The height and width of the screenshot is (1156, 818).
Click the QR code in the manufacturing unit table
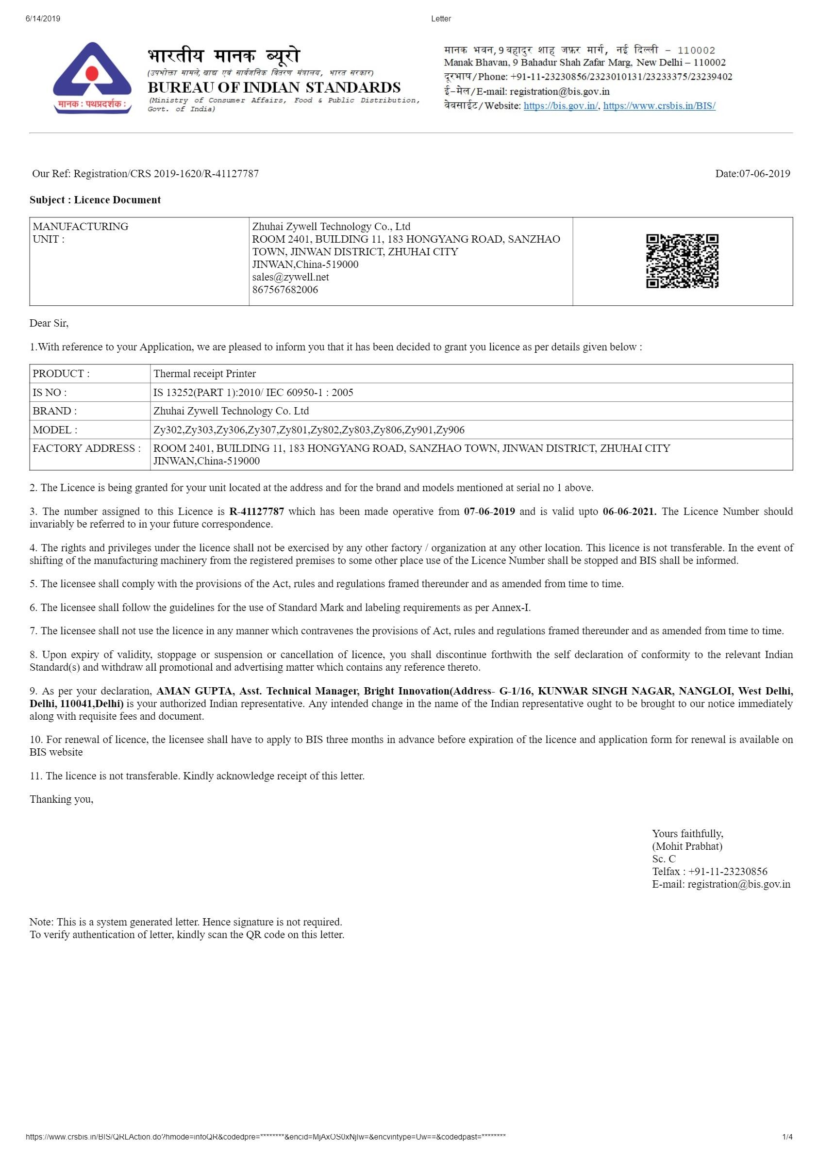(682, 261)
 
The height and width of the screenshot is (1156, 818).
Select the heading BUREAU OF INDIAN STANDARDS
(274, 88)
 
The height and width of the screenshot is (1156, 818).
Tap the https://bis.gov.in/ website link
(561, 106)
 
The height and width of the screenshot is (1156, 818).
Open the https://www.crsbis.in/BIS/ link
(659, 106)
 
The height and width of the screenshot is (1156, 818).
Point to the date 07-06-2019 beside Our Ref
(752, 174)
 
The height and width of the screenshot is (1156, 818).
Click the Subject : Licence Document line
(95, 200)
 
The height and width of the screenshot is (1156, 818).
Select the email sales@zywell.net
(290, 277)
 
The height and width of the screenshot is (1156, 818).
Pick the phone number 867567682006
(285, 290)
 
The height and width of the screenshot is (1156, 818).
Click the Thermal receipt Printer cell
(204, 374)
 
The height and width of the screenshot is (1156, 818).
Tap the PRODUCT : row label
(61, 374)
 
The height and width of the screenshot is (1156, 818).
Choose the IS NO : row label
(50, 392)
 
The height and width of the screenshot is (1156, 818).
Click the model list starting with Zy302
(309, 430)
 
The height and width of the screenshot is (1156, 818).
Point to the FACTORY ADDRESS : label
(86, 448)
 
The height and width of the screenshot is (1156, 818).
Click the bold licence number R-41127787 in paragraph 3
(256, 512)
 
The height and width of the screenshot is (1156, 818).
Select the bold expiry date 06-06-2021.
(629, 512)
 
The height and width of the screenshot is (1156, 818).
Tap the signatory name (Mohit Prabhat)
(687, 846)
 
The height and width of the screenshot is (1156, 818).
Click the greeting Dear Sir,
(49, 323)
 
